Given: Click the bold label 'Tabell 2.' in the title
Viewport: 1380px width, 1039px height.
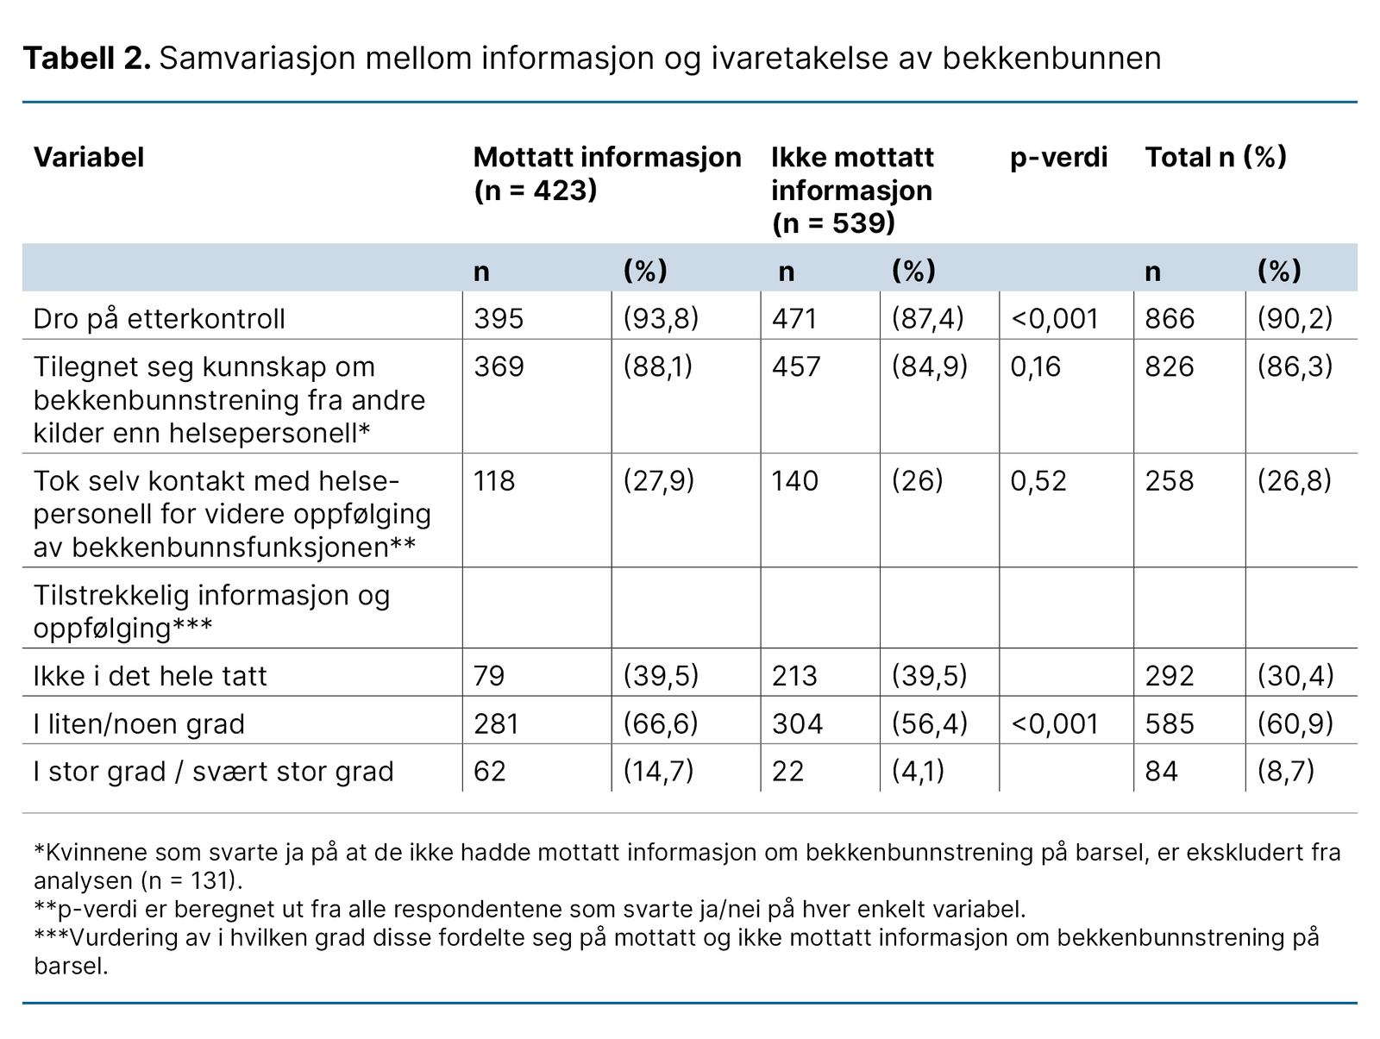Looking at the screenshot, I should pyautogui.click(x=86, y=59).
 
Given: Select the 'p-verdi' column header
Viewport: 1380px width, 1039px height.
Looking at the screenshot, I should pyautogui.click(x=1058, y=157).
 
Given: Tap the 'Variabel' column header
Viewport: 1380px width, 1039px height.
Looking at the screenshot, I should pyautogui.click(x=88, y=157).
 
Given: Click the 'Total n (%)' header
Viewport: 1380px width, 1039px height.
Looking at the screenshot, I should pyautogui.click(x=1215, y=157).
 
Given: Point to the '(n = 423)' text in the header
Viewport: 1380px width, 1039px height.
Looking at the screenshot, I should pyautogui.click(x=535, y=190).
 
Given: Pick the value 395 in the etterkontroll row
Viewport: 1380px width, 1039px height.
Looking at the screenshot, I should pyautogui.click(x=499, y=319).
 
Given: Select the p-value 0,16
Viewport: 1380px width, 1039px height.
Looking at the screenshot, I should pyautogui.click(x=1036, y=366).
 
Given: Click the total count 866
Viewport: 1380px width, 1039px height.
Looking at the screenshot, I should pyautogui.click(x=1170, y=319).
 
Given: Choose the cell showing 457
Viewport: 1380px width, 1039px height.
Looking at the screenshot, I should pyautogui.click(x=796, y=366).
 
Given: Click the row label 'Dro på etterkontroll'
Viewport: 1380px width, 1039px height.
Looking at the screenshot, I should pyautogui.click(x=159, y=319).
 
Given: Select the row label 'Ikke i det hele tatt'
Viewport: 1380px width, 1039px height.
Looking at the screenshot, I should pyautogui.click(x=150, y=676).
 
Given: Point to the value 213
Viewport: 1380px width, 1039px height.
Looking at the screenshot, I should pyautogui.click(x=794, y=676).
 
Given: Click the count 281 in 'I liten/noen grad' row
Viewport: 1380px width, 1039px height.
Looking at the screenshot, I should pyautogui.click(x=496, y=723).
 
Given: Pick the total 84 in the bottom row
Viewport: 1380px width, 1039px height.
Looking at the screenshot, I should pyautogui.click(x=1161, y=771).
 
